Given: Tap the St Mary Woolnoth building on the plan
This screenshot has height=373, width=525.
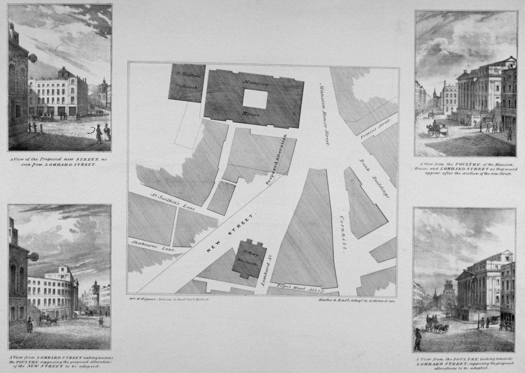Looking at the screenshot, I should point(249,258).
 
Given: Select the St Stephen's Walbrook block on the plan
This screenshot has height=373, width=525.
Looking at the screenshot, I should point(187,82).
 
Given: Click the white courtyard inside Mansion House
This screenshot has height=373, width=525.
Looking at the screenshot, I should point(255,99).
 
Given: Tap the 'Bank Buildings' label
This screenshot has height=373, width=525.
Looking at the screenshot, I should point(375,179).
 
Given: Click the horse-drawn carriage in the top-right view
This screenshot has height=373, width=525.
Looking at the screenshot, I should point(438,129).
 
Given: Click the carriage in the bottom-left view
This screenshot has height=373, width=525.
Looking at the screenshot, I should point(46,320).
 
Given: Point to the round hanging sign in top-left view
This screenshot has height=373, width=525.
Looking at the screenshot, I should point(33,58).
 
